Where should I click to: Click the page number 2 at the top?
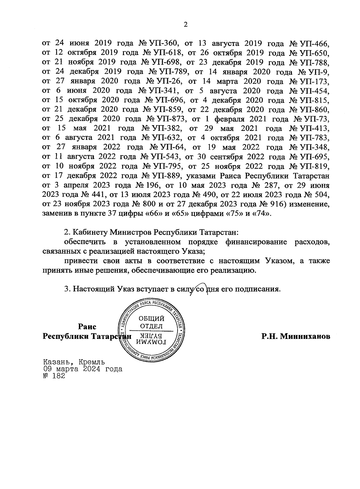pyautogui.click(x=185, y=25)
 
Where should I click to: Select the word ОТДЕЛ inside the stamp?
pyautogui.click(x=151, y=326)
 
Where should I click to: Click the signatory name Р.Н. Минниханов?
pyautogui.click(x=296, y=336)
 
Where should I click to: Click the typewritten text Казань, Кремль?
pyautogui.click(x=74, y=362)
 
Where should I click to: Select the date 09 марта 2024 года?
pyautogui.click(x=83, y=369)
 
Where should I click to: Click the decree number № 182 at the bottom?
pyautogui.click(x=54, y=376)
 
